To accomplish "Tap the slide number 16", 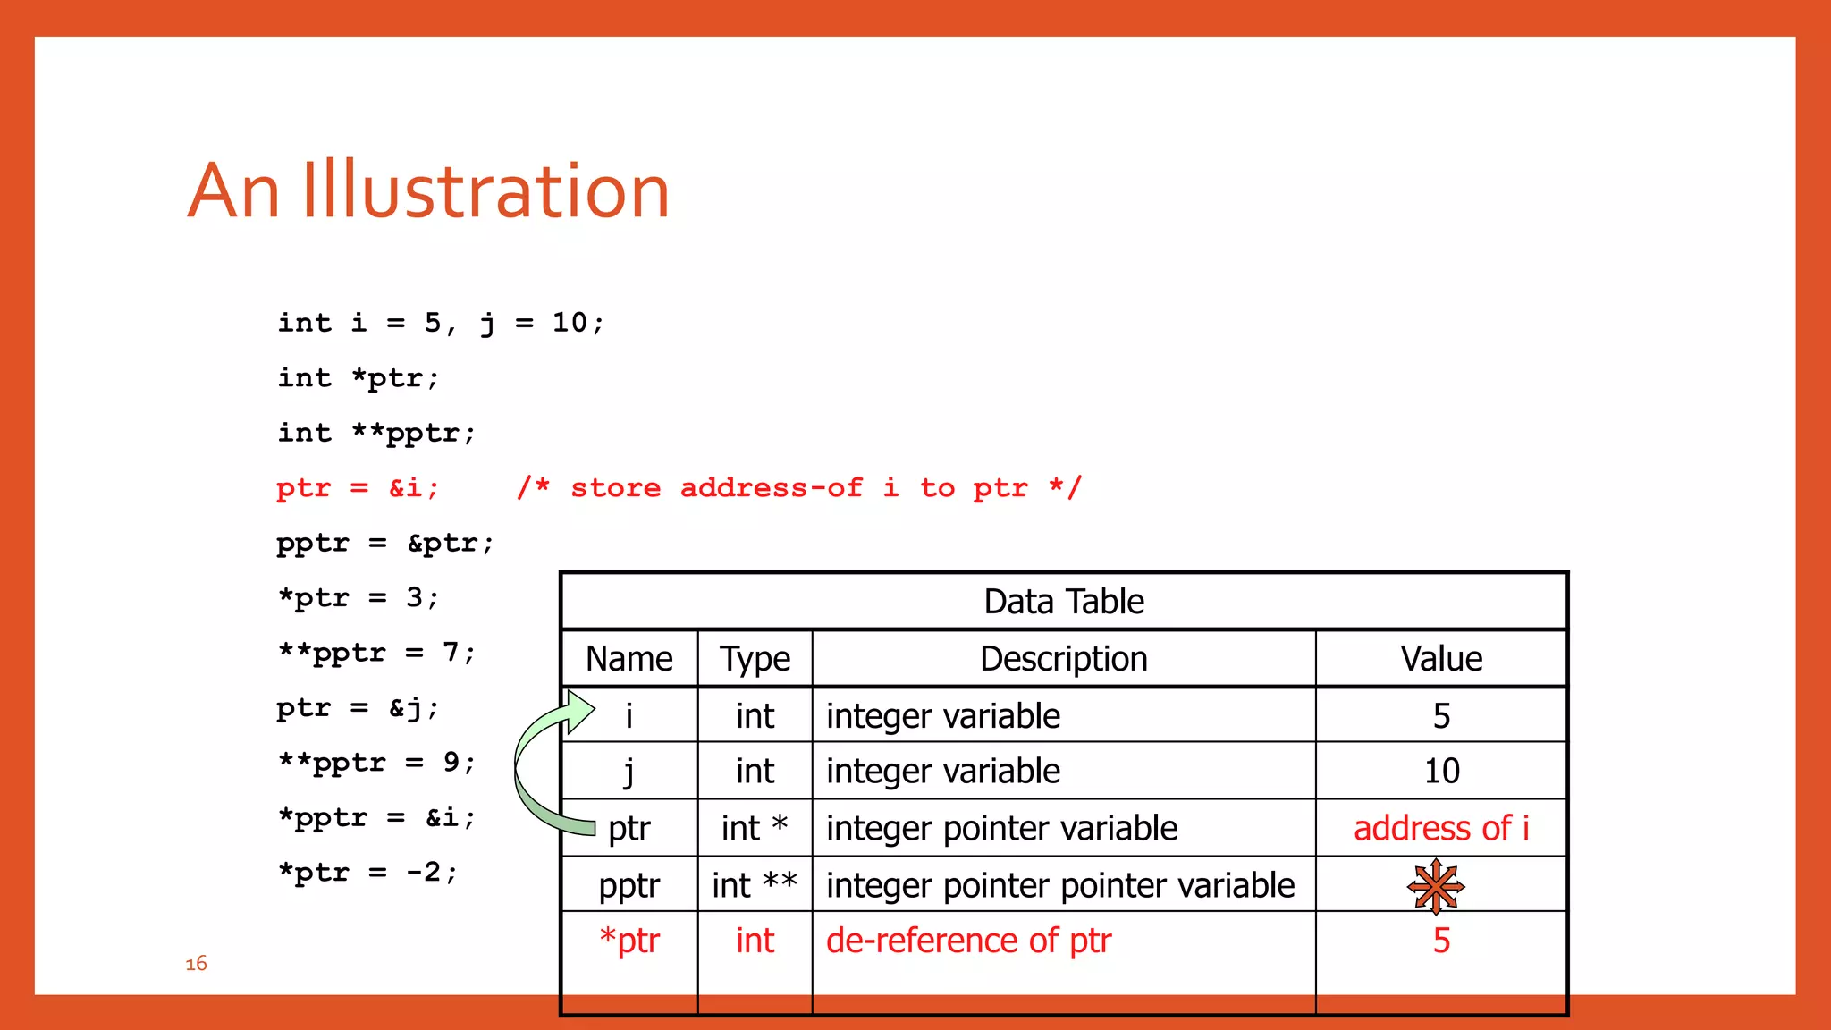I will point(196,963).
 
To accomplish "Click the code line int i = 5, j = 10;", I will point(441,323).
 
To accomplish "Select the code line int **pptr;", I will point(376,433).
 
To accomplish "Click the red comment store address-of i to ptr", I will point(798,488).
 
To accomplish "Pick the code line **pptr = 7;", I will point(376,653).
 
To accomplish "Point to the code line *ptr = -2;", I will point(367,873).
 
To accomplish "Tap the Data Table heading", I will point(1063,602).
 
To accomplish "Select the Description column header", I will point(1063,659).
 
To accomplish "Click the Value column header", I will point(1440,659).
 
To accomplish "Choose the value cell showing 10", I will point(1440,771).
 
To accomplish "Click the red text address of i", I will point(1440,828).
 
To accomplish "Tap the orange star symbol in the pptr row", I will point(1436,886).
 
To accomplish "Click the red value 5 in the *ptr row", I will point(1440,941).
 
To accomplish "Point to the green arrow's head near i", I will point(579,712).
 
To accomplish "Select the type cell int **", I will point(755,885).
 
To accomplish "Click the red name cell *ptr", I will point(629,941).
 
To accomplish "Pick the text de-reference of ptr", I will point(968,941).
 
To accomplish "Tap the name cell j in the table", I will point(629,771).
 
